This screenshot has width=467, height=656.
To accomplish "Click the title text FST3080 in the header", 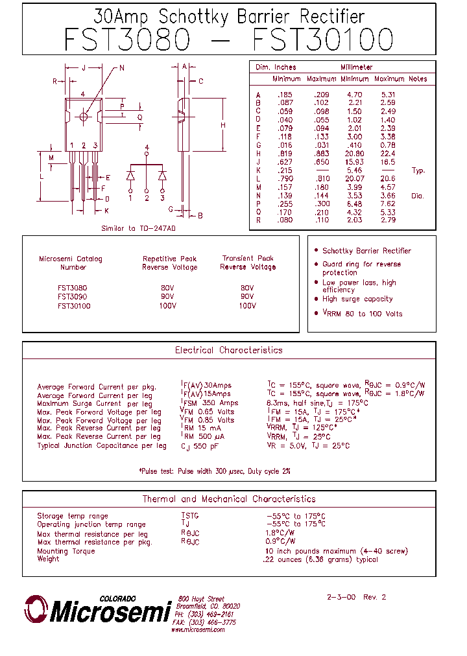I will [127, 40].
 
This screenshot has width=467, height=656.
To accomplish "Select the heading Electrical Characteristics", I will [229, 350].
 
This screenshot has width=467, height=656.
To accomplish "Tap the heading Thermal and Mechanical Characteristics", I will [229, 499].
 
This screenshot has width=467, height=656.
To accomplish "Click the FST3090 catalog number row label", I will [72, 297].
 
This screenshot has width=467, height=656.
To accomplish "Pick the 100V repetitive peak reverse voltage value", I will [168, 306].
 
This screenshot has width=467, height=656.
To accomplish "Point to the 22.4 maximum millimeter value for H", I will [388, 154].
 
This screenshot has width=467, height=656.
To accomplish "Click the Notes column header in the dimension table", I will [418, 79].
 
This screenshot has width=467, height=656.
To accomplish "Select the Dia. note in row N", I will [417, 196].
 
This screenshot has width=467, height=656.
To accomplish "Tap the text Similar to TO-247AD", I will [139, 229].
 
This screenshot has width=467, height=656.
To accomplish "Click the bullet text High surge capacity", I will [357, 299].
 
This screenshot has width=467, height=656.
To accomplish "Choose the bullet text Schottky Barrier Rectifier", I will [366, 251].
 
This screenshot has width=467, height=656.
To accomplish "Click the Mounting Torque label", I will [66, 551].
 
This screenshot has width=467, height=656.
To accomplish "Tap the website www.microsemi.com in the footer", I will [198, 629].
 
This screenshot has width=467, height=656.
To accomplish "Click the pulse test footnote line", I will [215, 471].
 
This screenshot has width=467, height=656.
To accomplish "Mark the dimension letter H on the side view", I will [222, 125].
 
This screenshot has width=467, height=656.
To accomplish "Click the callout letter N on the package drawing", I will [121, 68].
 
